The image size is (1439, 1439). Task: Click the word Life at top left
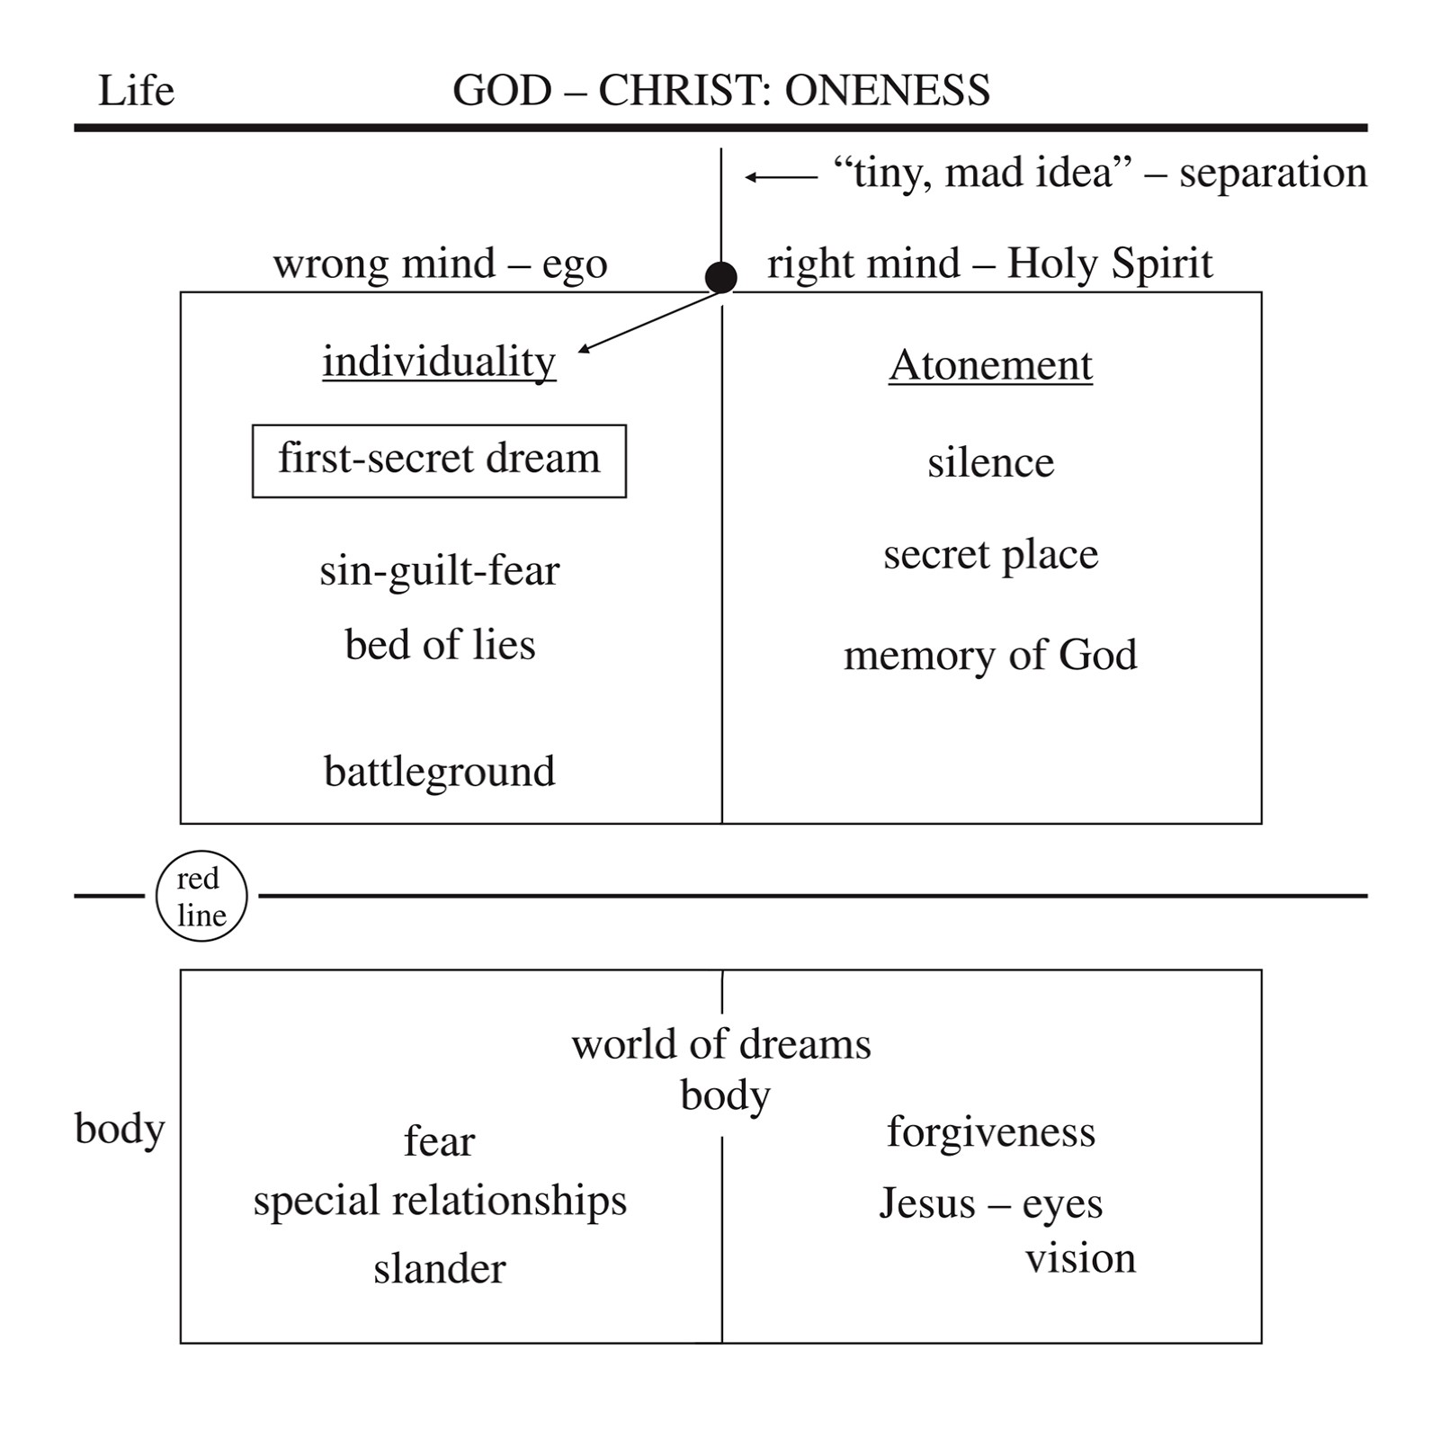(136, 91)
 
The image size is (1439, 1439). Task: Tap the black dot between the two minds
(721, 277)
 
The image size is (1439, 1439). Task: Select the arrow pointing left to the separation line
(781, 177)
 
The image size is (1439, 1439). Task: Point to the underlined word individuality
(439, 362)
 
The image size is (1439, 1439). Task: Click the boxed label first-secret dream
(439, 460)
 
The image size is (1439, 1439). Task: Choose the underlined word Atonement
(990, 366)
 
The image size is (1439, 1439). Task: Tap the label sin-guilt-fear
(439, 570)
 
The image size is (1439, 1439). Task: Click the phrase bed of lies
(440, 645)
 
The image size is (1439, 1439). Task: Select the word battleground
(439, 772)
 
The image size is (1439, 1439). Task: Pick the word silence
(990, 463)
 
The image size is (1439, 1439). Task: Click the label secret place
(990, 555)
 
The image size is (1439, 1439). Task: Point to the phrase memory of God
(990, 655)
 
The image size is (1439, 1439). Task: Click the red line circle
(201, 896)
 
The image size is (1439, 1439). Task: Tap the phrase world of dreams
(721, 1044)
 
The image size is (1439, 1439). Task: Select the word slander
(439, 1269)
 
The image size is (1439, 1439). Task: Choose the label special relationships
(439, 1202)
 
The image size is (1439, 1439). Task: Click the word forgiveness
(990, 1132)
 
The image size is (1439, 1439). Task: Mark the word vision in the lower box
(1080, 1258)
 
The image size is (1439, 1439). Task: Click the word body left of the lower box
(120, 1129)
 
